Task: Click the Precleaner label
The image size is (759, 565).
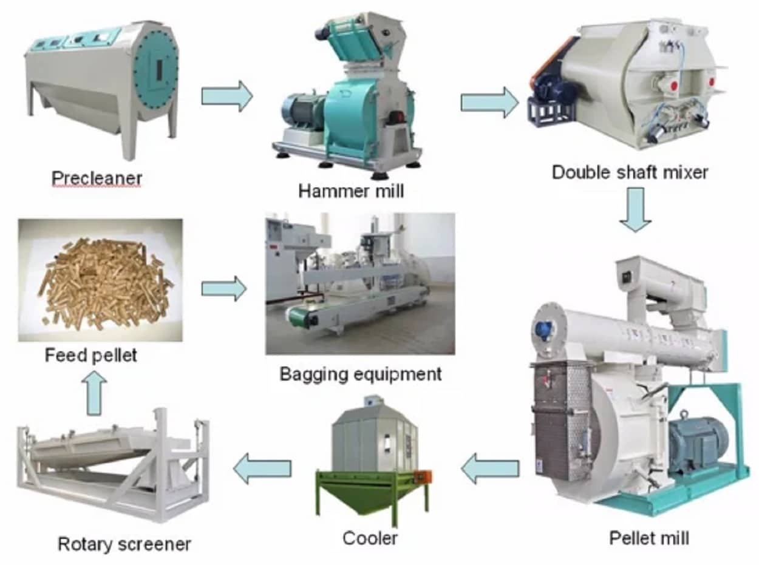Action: pos(97,178)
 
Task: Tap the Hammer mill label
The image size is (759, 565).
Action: pos(350,191)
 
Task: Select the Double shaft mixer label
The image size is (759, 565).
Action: pos(630,172)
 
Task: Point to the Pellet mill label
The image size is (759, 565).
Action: pos(649,537)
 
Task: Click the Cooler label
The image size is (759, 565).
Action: pos(370,537)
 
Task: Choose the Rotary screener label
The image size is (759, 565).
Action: pos(124,544)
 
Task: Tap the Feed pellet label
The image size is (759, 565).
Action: pos(91,355)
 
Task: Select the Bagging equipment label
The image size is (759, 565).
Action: pos(360,374)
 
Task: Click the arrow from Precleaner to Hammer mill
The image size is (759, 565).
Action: pos(226,96)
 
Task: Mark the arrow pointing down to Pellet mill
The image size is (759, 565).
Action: pos(636,210)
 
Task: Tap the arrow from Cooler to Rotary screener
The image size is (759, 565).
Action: pos(262,469)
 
